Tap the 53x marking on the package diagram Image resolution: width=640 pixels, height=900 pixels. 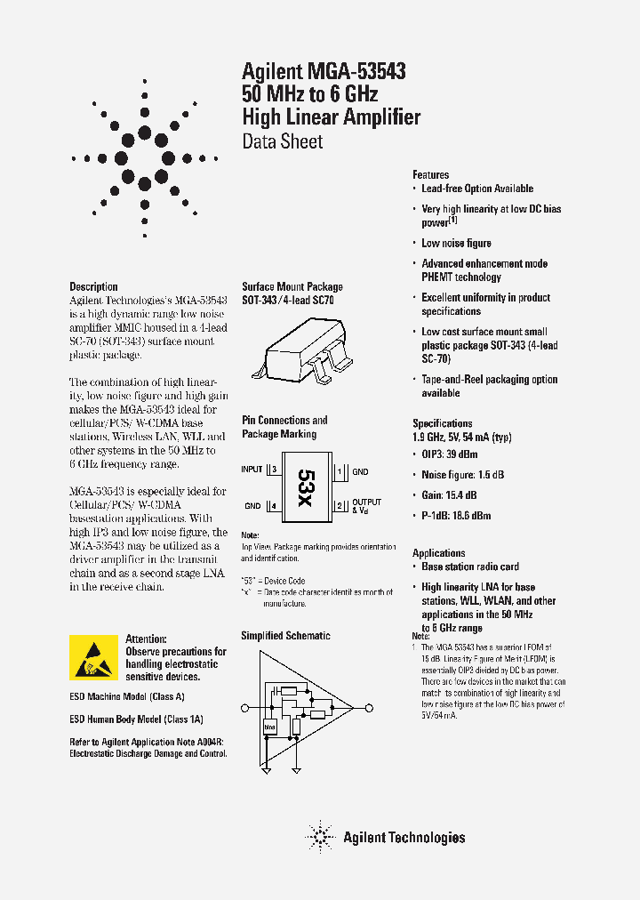(x=305, y=488)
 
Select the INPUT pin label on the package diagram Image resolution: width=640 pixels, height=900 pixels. (x=252, y=469)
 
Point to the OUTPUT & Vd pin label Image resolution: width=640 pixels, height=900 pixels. (x=366, y=507)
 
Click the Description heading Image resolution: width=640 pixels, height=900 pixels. (x=93, y=286)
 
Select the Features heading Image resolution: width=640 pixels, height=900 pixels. (x=430, y=175)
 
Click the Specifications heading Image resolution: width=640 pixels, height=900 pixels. (x=442, y=423)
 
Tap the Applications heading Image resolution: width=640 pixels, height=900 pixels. (x=438, y=552)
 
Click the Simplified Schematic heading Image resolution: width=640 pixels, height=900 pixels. (x=285, y=636)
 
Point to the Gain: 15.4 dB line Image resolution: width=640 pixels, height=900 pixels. (x=449, y=494)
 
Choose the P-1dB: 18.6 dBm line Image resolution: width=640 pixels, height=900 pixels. (x=455, y=515)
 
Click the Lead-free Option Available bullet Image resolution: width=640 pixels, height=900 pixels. (x=476, y=189)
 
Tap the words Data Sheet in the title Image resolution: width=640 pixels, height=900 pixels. (x=283, y=141)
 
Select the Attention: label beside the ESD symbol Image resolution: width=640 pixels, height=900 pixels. (x=146, y=639)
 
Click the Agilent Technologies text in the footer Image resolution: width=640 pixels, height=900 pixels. (x=404, y=837)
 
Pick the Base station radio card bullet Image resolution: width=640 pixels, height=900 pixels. (x=469, y=567)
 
